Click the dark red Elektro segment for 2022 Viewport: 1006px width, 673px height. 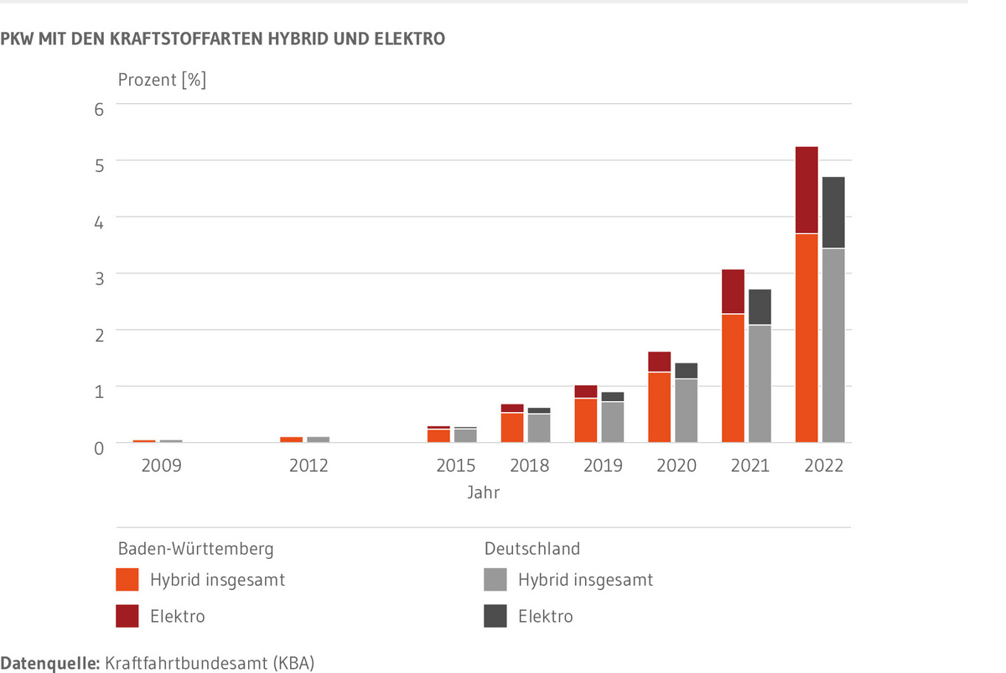coord(806,190)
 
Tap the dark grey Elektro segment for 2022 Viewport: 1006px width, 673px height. coord(833,212)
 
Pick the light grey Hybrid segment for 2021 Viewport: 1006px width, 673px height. coord(760,383)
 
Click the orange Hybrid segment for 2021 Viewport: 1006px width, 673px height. coord(733,378)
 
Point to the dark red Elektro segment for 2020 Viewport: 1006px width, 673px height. coord(659,362)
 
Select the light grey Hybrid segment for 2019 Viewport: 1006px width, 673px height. coord(613,422)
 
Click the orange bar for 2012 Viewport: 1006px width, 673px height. coord(292,439)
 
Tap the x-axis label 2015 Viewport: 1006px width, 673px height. coord(456,465)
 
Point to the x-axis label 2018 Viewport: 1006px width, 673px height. coord(530,465)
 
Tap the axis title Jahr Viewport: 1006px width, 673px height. coord(484,493)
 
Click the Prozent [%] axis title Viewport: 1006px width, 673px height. coord(162,81)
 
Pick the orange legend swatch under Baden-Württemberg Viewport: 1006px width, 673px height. coord(127,580)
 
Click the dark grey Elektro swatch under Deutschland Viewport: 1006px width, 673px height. coord(495,617)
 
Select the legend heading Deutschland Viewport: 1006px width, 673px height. coord(532,549)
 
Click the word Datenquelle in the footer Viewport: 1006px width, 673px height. coord(49,663)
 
